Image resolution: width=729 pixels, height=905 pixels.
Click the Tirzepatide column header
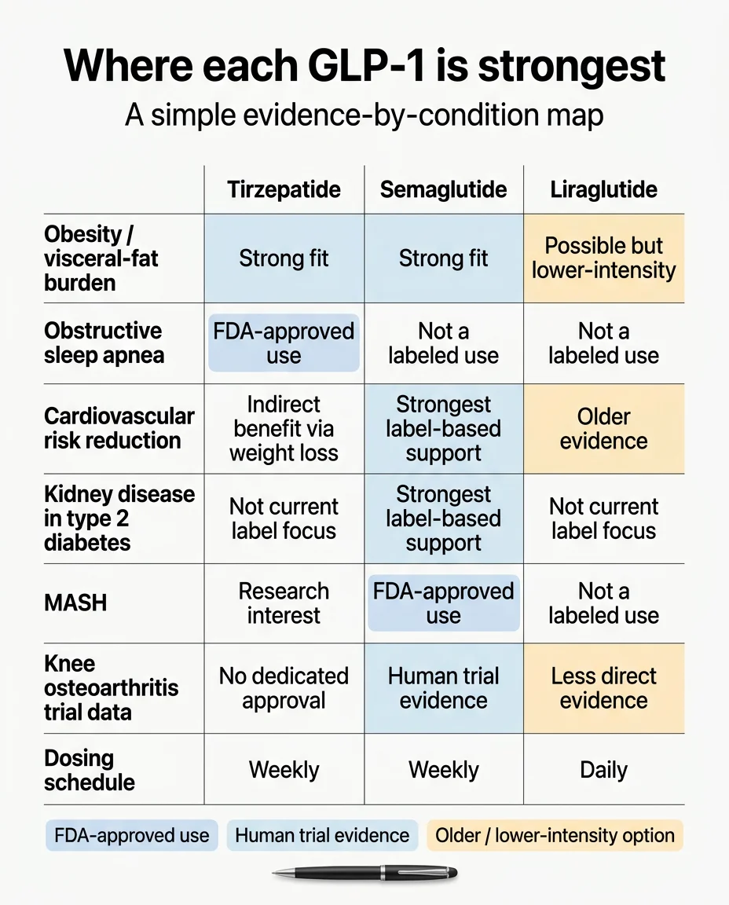284,189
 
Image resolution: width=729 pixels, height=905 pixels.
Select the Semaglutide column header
443,189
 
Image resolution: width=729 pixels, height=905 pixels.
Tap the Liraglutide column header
603,189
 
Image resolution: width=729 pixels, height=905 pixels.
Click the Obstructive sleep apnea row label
104,343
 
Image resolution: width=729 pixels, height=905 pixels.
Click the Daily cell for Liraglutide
603,770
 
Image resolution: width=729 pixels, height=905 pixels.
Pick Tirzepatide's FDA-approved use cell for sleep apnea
284,343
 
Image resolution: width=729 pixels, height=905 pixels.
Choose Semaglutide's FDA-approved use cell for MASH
443,603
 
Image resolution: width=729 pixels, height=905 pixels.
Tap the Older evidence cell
603,428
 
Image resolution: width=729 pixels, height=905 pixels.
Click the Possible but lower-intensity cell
603,258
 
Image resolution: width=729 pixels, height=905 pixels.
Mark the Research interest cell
284,603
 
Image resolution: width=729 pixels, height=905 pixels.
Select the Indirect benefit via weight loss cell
284,428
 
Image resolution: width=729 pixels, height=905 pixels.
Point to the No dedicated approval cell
284,688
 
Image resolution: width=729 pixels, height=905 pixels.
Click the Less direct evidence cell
603,688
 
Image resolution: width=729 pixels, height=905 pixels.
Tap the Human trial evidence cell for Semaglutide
443,688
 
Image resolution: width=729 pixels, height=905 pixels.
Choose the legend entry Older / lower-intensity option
555,835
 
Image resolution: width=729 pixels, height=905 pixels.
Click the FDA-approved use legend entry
130,835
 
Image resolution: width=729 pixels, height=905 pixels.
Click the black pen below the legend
364,873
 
